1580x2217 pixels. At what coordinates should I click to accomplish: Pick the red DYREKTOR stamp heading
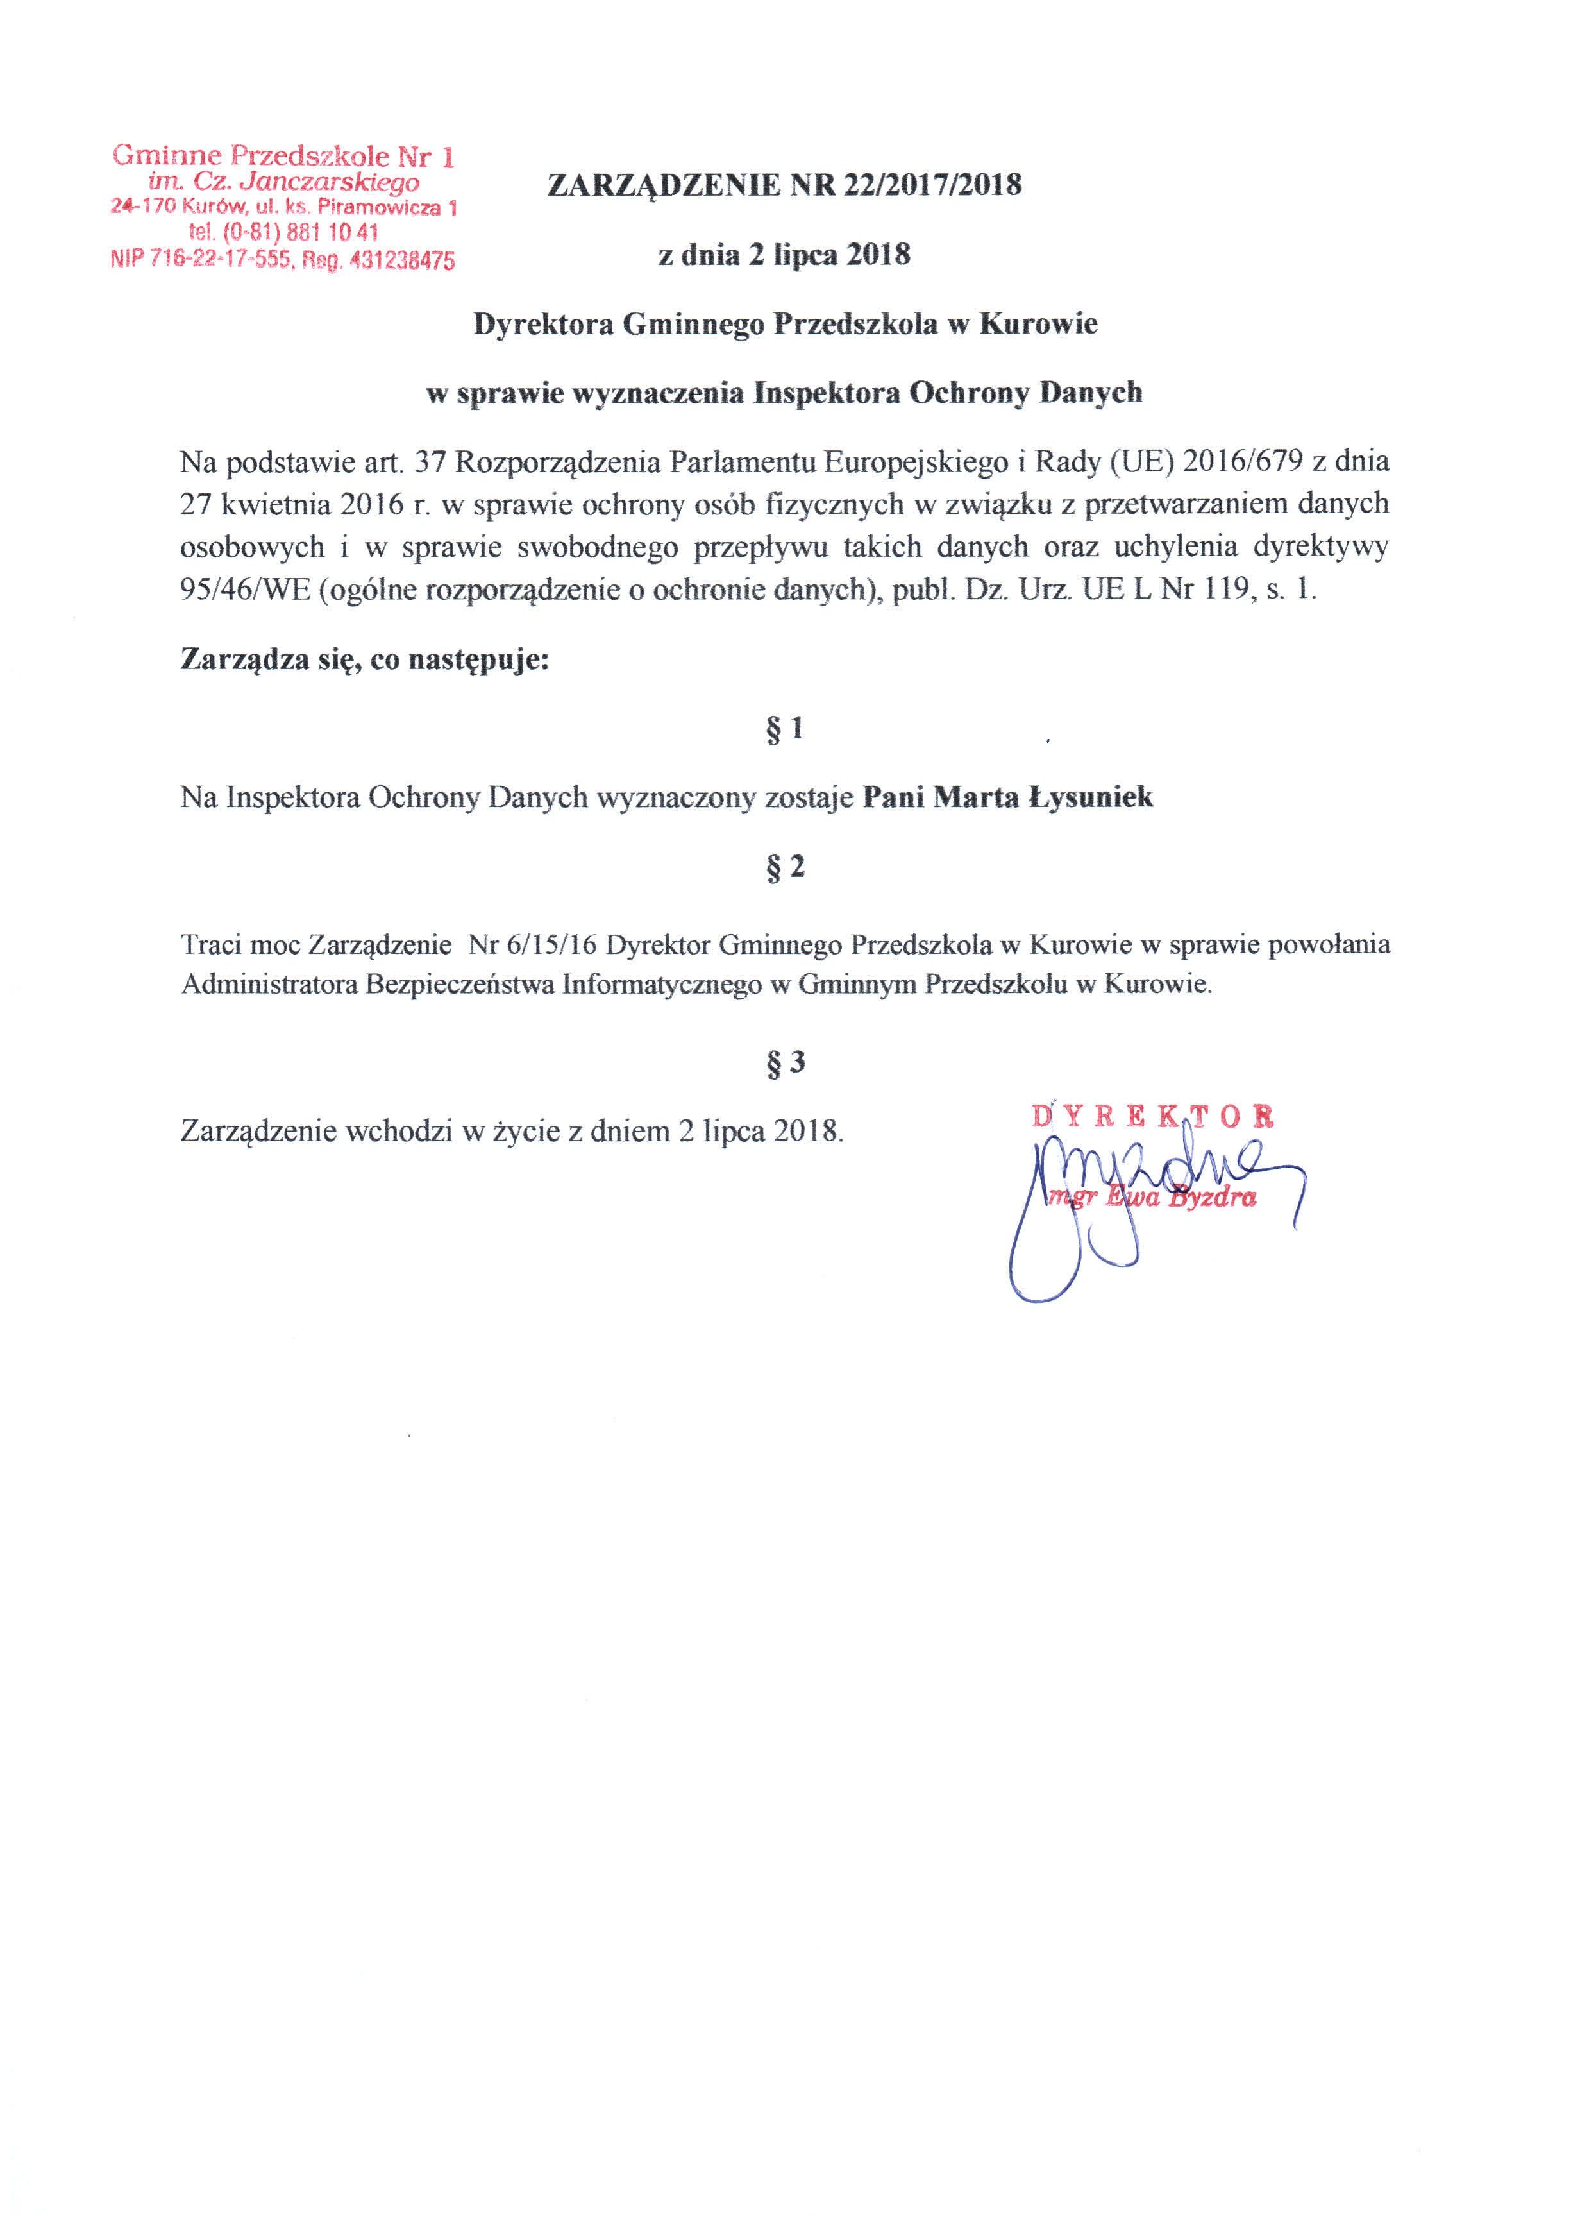point(1153,1116)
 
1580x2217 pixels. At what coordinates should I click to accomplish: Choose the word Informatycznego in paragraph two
point(662,984)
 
